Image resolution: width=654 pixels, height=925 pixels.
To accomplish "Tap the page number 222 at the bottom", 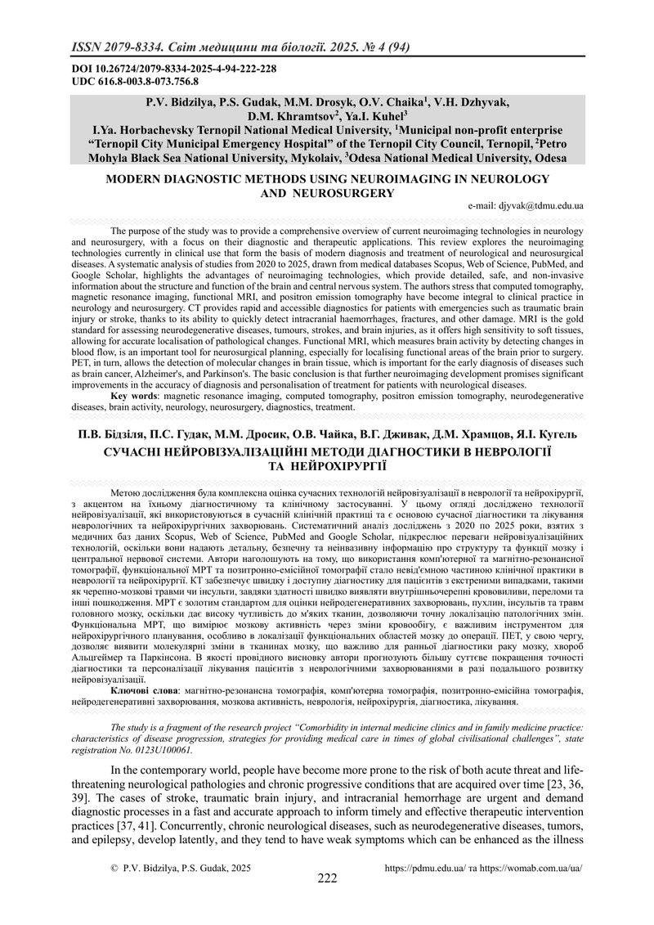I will pyautogui.click(x=327, y=878).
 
